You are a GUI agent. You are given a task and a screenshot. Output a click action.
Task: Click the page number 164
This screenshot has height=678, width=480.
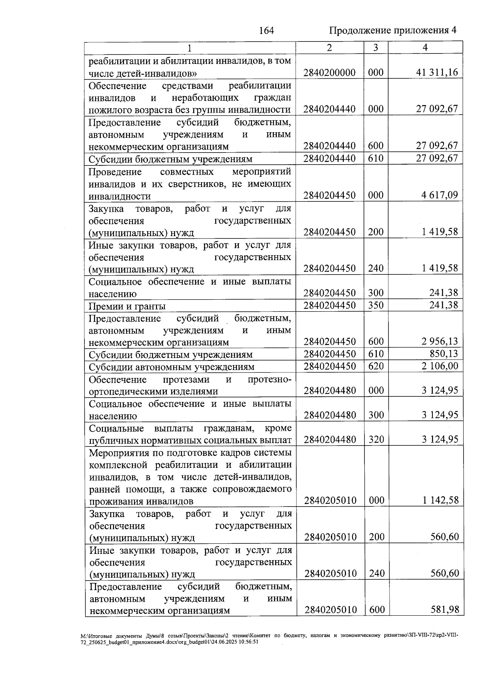click(266, 30)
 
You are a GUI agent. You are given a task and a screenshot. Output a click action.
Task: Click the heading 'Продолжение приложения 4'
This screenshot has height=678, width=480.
click(392, 30)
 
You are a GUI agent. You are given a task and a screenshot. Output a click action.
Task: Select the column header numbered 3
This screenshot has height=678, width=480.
click(376, 48)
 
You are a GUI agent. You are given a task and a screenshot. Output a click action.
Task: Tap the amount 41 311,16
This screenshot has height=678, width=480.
click(437, 72)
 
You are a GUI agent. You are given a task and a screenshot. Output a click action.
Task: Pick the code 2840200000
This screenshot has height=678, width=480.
click(329, 72)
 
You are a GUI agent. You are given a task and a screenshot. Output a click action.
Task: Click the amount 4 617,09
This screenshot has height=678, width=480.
click(439, 195)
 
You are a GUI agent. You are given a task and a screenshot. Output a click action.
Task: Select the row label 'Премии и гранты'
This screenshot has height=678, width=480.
click(127, 306)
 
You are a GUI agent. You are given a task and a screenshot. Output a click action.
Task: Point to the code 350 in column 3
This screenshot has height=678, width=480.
click(376, 305)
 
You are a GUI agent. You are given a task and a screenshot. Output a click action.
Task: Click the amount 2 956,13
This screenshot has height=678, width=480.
click(439, 341)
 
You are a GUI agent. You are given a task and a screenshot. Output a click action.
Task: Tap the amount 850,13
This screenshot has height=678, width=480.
click(444, 354)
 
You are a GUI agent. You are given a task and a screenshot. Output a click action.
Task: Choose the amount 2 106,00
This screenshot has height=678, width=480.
click(439, 366)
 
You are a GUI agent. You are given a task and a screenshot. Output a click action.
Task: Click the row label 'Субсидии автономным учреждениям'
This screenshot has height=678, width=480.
click(171, 367)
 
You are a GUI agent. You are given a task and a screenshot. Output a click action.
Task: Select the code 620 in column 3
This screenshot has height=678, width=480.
click(376, 366)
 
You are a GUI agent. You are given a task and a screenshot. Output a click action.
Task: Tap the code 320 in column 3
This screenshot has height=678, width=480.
click(376, 439)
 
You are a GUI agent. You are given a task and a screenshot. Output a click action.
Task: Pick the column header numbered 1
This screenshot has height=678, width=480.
click(190, 48)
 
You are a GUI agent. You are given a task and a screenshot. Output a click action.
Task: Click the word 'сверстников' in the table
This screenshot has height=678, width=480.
click(189, 184)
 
